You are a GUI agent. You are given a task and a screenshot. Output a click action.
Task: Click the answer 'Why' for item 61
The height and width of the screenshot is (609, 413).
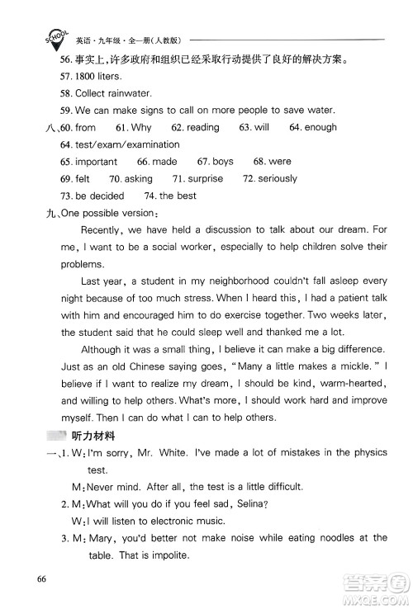tap(141, 128)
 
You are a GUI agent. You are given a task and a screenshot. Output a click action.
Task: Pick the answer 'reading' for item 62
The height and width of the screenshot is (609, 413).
tap(202, 128)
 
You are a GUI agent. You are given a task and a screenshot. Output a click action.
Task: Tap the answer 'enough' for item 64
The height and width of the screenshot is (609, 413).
tap(321, 128)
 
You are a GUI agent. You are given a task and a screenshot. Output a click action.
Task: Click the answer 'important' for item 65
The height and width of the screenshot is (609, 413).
tap(96, 162)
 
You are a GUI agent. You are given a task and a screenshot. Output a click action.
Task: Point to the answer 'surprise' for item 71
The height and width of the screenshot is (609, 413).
tap(206, 179)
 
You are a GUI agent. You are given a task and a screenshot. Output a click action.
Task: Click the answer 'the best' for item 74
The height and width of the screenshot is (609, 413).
tap(178, 196)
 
